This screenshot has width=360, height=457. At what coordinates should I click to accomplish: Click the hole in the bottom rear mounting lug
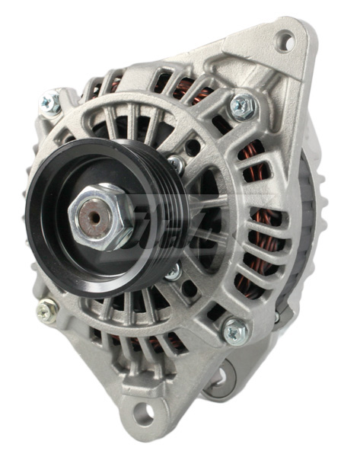pyautogui.click(x=221, y=374)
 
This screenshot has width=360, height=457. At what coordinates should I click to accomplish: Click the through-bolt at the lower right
pyautogui.click(x=235, y=331)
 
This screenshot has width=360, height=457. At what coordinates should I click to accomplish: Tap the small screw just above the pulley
pyautogui.click(x=176, y=163)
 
